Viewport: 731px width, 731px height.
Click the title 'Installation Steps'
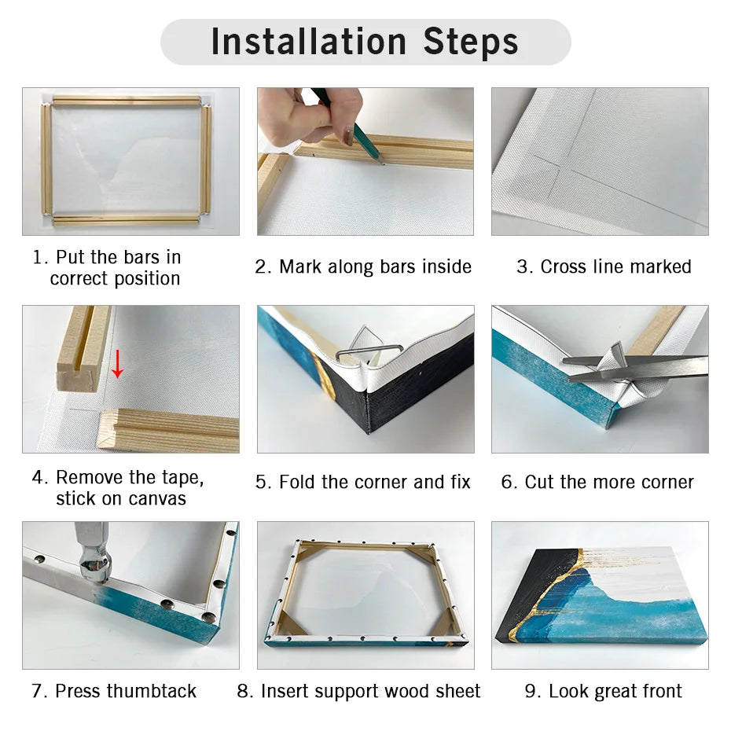365,42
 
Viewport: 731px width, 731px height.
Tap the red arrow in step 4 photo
117,363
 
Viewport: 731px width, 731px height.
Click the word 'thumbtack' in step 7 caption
151,692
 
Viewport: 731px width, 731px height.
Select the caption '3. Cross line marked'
603,267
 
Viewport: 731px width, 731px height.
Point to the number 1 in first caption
37,258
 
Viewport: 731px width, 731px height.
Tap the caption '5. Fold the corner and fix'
363,483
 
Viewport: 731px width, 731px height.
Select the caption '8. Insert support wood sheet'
358,692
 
